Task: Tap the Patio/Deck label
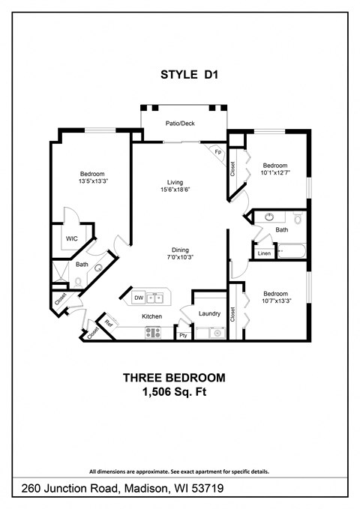click(180, 123)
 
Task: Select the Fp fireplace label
click(218, 151)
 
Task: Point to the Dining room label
click(179, 250)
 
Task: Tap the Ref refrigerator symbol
click(109, 324)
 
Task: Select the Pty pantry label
click(182, 335)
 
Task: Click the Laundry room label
click(209, 314)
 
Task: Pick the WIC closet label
click(72, 238)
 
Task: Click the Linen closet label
click(264, 253)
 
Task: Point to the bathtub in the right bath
click(289, 251)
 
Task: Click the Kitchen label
click(153, 316)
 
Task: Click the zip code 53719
click(207, 489)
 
